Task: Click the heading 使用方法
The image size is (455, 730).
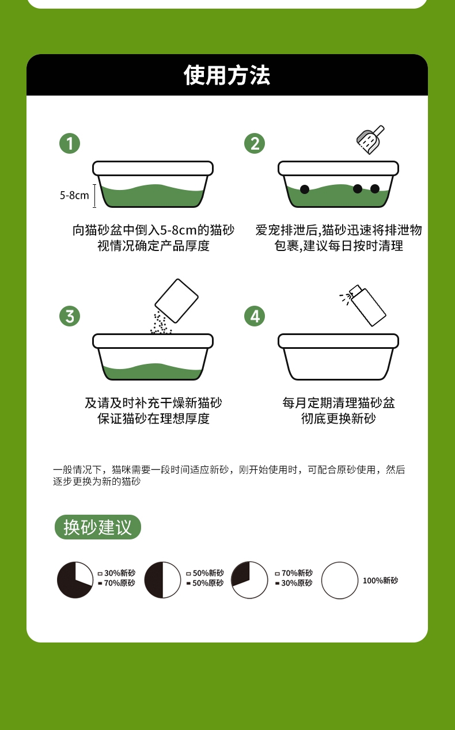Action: coord(227,75)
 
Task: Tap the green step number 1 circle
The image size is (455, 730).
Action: coord(70,143)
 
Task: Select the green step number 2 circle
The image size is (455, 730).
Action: coord(255,143)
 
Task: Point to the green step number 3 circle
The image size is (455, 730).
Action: coord(70,315)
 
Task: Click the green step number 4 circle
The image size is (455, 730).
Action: coord(255,315)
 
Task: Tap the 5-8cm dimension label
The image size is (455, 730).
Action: coord(74,195)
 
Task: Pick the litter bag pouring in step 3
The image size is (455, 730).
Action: coord(177,300)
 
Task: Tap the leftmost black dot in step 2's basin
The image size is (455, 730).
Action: coord(305,189)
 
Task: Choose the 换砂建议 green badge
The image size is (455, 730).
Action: coord(97,527)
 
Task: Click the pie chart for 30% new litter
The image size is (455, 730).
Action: coord(75,580)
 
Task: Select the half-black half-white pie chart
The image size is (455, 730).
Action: coord(162,580)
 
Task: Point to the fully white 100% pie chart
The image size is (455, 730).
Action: coord(340,580)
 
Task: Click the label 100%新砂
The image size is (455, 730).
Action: coord(380,580)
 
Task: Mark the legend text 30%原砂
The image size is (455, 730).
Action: coord(297,583)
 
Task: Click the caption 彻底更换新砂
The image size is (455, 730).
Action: coord(338,419)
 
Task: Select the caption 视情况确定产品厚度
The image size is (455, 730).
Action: coord(153,246)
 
